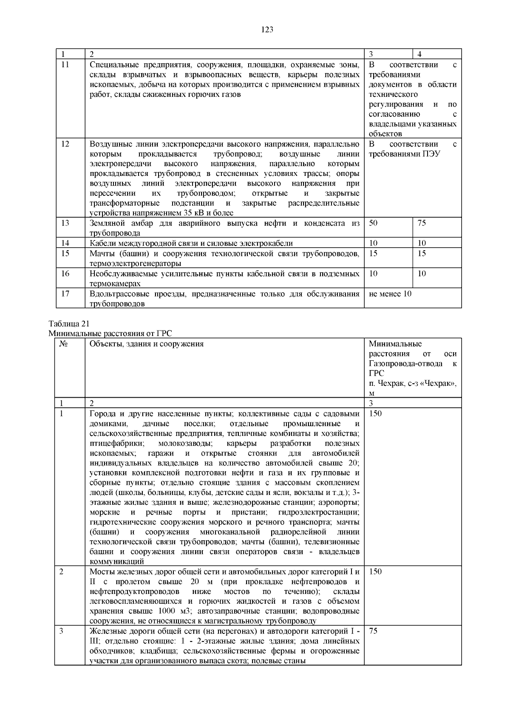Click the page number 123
point(267,29)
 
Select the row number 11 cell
point(65,65)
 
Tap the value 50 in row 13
point(373,223)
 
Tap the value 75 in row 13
point(422,223)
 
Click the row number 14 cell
point(65,243)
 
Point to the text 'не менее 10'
point(390,294)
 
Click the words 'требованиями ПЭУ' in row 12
point(404,154)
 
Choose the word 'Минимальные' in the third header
point(395,344)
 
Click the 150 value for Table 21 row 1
point(375,413)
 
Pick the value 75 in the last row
point(373,631)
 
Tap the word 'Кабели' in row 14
point(101,243)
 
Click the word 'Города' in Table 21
point(101,413)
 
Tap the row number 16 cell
point(65,273)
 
